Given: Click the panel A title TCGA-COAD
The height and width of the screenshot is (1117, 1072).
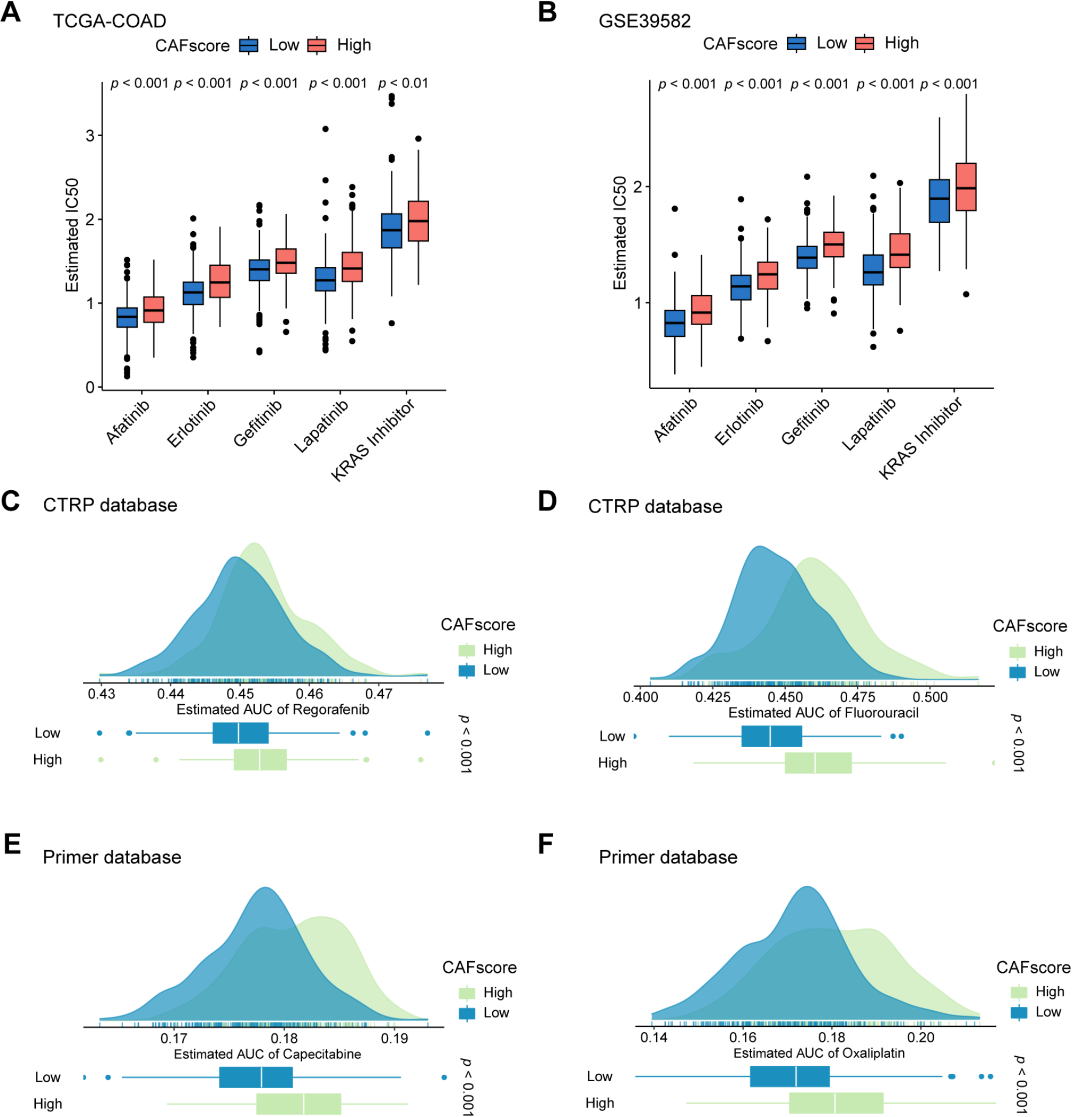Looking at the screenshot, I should [109, 21].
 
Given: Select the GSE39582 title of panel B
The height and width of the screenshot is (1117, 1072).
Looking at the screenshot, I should [644, 21].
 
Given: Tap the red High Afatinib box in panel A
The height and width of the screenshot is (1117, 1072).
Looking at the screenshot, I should [153, 310].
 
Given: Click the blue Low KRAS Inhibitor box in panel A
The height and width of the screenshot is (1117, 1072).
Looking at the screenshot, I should [391, 230].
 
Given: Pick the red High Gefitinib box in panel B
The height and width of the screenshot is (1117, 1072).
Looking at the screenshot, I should [834, 245].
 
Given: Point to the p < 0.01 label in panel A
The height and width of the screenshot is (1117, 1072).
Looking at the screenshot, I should [403, 83].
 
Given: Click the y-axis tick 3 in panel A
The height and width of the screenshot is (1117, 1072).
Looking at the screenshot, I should [90, 136].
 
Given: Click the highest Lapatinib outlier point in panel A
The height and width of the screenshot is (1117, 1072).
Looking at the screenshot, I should [326, 129].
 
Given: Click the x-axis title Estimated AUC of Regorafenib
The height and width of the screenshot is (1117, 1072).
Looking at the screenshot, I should [272, 710].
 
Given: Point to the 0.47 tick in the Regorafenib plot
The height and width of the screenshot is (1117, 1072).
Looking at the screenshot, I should [379, 694].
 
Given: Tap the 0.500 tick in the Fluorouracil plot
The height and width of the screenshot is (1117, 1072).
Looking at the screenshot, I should [930, 697].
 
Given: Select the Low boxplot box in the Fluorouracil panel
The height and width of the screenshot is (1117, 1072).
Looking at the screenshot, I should [771, 736].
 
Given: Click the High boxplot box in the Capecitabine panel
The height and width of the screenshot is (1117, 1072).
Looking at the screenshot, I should [298, 1104].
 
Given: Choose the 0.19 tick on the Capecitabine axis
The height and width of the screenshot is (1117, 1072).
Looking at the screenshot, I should [395, 1039].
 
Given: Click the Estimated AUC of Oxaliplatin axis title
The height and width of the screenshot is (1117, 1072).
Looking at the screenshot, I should [819, 1053].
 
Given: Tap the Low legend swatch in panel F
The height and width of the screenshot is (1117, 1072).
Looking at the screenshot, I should [1019, 1012].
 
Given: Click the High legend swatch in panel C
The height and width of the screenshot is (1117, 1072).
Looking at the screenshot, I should [467, 650].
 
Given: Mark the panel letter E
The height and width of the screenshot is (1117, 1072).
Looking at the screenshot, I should [12, 844].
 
